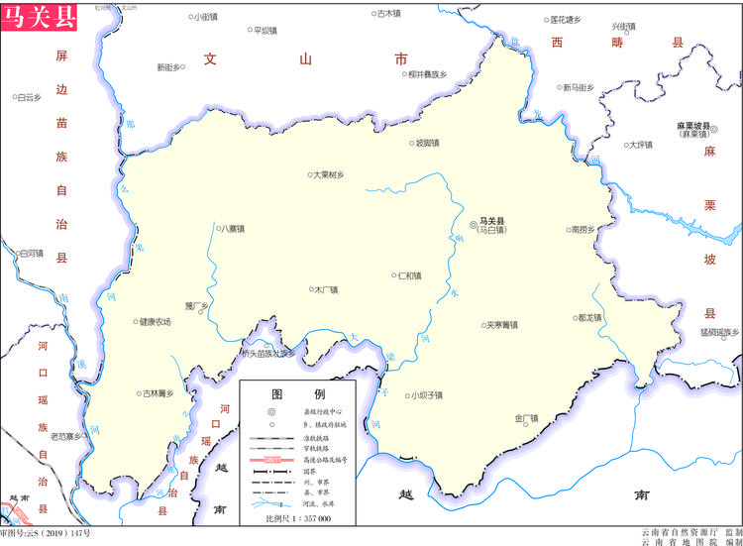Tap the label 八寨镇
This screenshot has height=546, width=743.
(x=233, y=229)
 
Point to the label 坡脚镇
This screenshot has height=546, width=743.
(x=427, y=143)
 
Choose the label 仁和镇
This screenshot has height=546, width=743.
(x=408, y=275)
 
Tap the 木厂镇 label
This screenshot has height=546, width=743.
(x=325, y=290)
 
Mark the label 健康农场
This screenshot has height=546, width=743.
(x=155, y=321)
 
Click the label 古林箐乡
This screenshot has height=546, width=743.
(x=156, y=393)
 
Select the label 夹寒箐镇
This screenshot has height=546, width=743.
(x=500, y=324)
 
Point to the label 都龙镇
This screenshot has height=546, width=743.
(x=588, y=318)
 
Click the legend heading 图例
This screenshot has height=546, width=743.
(x=299, y=393)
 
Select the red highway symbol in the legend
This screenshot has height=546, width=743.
(x=271, y=460)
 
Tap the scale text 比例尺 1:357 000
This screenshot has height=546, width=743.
(x=298, y=518)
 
